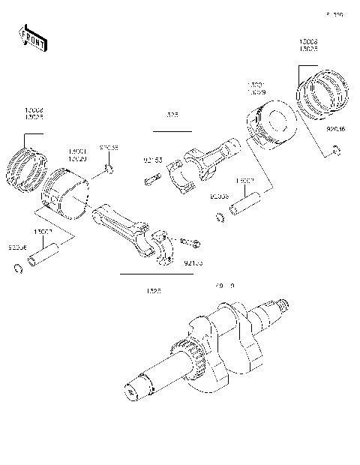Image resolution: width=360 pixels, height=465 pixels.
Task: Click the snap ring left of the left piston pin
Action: point(18,269)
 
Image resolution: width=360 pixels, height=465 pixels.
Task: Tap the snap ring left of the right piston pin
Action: point(220,217)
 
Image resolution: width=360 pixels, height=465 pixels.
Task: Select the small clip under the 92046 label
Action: point(336,152)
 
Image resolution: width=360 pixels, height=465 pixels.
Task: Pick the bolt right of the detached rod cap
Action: point(190,242)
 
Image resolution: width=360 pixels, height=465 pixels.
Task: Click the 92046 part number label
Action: point(336,130)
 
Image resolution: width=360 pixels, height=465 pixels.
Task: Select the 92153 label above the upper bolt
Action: point(153,160)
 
